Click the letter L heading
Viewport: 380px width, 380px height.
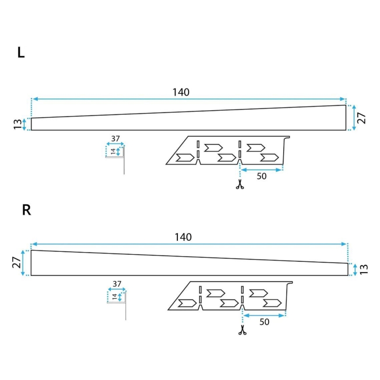(21, 53)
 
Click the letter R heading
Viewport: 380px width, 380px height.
(26, 210)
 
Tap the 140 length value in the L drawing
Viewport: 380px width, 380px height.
(181, 92)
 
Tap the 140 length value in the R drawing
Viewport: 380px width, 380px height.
(183, 237)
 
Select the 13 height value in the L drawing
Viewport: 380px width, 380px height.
(17, 124)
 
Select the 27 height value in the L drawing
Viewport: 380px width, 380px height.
(362, 117)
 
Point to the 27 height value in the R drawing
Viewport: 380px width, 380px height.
(16, 263)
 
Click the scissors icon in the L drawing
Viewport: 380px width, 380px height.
(239, 185)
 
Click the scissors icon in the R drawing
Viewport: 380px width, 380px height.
(242, 330)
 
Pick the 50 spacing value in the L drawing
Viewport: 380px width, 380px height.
(262, 176)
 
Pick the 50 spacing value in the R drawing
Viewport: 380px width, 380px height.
(264, 322)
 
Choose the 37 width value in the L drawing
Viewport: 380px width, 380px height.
(115, 139)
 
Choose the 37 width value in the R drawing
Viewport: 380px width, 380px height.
(117, 284)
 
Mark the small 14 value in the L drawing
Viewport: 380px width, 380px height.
(113, 151)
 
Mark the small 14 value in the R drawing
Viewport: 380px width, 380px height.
(114, 296)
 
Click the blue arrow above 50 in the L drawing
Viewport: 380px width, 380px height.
(262, 169)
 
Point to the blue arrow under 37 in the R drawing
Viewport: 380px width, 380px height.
(117, 289)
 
